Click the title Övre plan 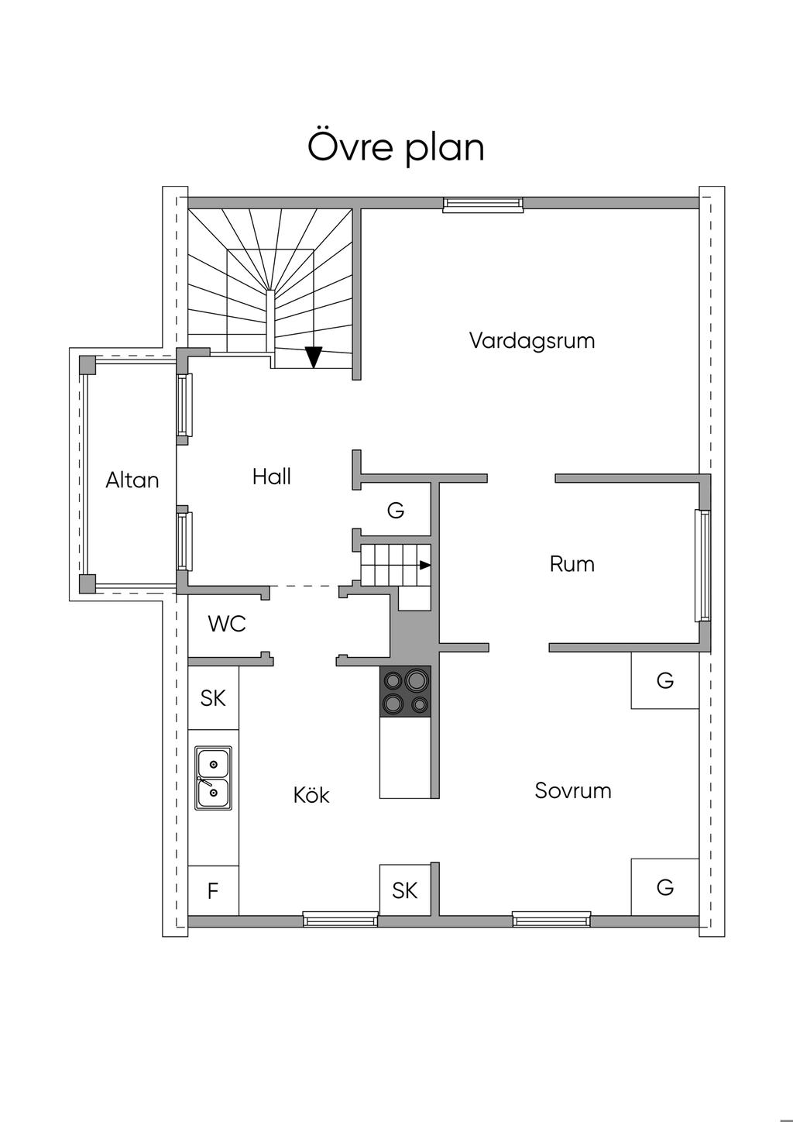pos(396,147)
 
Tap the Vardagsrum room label pos(532,341)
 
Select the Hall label pos(271,477)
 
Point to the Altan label pos(132,480)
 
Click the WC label pos(227,624)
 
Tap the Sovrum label pos(573,790)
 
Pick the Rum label pos(572,564)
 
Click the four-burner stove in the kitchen pos(405,691)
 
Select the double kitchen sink pos(213,779)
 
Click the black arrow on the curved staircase pos(314,357)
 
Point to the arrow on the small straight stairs pos(425,565)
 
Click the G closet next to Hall pos(396,510)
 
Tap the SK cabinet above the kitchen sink pos(213,697)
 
